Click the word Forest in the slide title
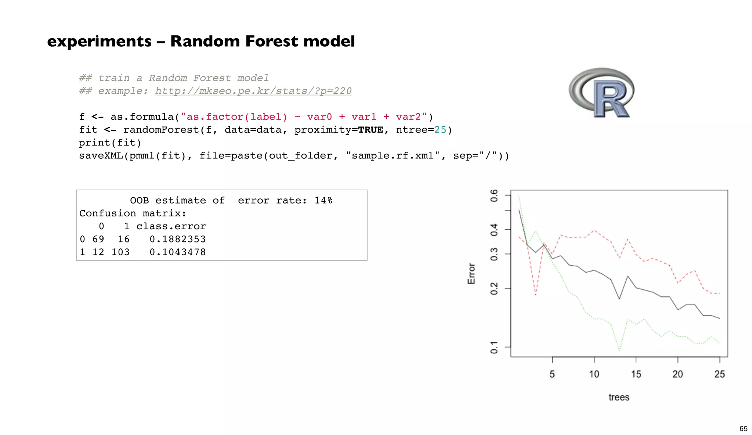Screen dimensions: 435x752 271,41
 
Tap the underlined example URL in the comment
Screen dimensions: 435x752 253,91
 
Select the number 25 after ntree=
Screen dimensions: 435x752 440,130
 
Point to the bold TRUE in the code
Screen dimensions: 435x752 370,130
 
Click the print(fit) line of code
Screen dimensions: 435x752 110,143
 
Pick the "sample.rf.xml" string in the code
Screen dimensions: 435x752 393,156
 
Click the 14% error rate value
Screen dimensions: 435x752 323,200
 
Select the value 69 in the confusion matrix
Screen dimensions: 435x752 98,239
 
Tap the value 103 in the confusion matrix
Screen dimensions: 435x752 120,252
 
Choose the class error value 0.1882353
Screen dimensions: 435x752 177,239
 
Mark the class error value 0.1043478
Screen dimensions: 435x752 177,252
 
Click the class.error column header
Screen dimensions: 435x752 171,226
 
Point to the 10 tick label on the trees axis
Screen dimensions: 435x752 594,374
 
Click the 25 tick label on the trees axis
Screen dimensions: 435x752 719,374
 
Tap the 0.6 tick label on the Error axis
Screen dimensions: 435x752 494,195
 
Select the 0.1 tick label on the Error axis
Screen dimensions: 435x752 494,347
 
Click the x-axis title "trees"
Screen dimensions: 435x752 619,397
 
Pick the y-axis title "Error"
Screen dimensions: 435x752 471,273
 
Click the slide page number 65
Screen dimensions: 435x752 743,428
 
